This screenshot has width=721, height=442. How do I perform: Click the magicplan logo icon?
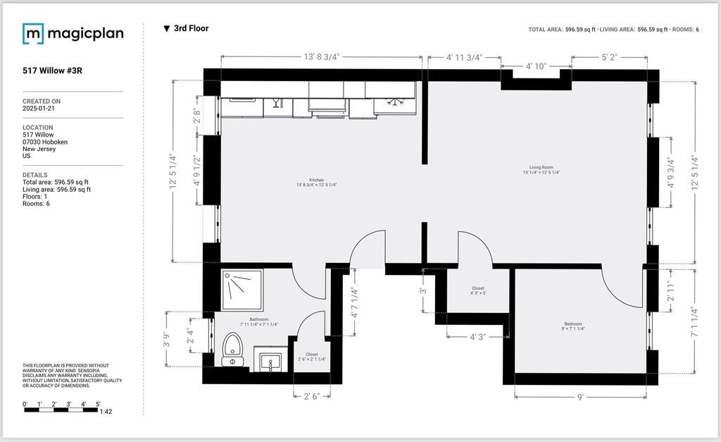[x=32, y=33]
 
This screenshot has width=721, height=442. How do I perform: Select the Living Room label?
[x=541, y=169]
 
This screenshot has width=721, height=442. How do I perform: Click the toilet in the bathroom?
[x=232, y=350]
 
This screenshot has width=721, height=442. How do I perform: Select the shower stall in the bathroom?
[x=242, y=289]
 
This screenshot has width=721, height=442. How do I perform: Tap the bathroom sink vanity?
[x=271, y=362]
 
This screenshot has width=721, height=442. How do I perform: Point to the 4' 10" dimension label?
[x=536, y=66]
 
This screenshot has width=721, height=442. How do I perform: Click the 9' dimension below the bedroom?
[x=580, y=397]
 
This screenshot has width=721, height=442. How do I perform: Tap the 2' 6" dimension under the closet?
[x=311, y=396]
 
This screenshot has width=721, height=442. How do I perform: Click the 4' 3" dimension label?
[x=477, y=337]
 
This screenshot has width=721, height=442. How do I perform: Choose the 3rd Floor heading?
[x=191, y=29]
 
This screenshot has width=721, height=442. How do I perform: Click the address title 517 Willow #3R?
[x=52, y=70]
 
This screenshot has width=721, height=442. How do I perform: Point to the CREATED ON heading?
[x=42, y=102]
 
